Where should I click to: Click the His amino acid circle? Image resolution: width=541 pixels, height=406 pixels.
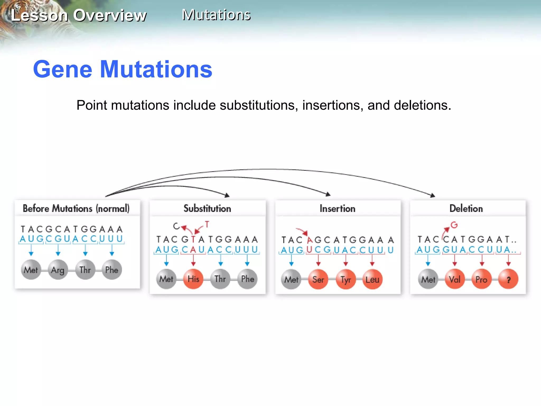pyautogui.click(x=193, y=279)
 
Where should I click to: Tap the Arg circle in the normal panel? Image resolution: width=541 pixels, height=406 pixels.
pyautogui.click(x=58, y=270)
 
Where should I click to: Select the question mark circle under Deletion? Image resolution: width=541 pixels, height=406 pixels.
pyautogui.click(x=508, y=279)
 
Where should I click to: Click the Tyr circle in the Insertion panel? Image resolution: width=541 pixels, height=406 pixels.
pyautogui.click(x=346, y=279)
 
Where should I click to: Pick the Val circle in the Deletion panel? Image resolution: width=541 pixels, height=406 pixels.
pyautogui.click(x=455, y=279)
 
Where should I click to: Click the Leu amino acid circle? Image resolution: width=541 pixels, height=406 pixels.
pyautogui.click(x=372, y=279)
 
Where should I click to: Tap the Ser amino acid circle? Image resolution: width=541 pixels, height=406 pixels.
pyautogui.click(x=318, y=279)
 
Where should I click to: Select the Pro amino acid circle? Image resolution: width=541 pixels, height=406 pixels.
pyautogui.click(x=481, y=279)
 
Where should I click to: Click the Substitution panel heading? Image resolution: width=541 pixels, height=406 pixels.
pyautogui.click(x=207, y=209)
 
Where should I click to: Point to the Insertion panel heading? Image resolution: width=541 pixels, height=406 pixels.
pyautogui.click(x=337, y=209)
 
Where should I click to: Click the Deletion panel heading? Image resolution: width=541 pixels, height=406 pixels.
pyautogui.click(x=466, y=209)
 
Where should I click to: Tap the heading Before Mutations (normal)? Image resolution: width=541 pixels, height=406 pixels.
pyautogui.click(x=76, y=209)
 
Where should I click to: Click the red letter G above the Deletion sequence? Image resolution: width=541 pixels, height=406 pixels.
pyautogui.click(x=454, y=225)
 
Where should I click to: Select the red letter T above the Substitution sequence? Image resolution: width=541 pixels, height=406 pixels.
pyautogui.click(x=207, y=224)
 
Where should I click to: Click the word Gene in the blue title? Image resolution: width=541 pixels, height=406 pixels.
pyautogui.click(x=63, y=69)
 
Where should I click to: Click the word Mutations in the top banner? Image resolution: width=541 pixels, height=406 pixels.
pyautogui.click(x=216, y=15)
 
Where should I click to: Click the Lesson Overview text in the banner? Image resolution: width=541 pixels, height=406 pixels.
pyautogui.click(x=79, y=15)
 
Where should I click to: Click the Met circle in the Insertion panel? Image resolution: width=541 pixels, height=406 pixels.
pyautogui.click(x=291, y=279)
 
